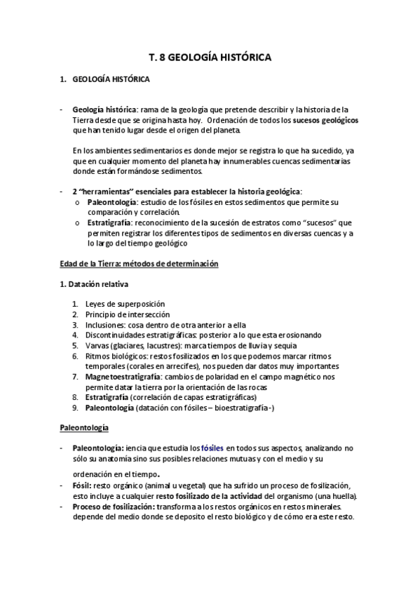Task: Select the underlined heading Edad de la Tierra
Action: pos(98,264)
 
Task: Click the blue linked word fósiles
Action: pos(212,448)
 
